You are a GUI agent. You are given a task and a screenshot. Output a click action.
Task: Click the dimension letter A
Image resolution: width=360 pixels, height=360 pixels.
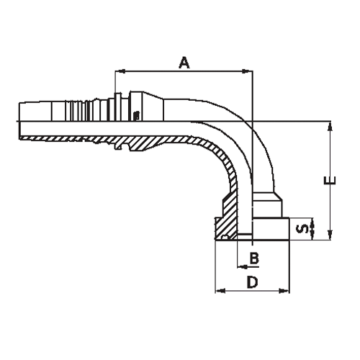point(184,63)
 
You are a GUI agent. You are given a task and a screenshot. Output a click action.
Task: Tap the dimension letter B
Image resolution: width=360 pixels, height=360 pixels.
point(254,258)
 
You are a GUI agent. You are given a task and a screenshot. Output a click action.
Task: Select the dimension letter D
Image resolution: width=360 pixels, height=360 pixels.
point(252,283)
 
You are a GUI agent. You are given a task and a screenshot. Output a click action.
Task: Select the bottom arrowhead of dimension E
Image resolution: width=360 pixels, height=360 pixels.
point(330,233)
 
